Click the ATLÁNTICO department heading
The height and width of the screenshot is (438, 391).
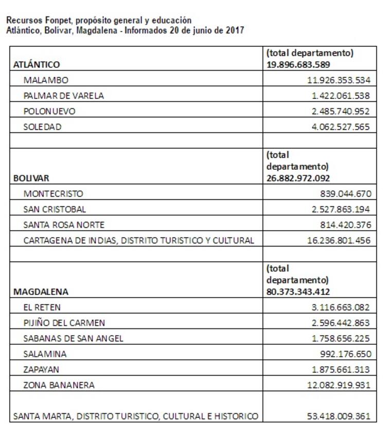coord(37,64)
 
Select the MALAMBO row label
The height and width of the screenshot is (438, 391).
coord(46,80)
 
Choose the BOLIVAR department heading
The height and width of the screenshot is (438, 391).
coord(31,178)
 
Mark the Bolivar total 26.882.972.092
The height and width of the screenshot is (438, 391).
coord(298,178)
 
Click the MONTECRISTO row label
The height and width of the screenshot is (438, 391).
coord(53,194)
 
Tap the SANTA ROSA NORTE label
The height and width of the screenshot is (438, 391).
coord(64,225)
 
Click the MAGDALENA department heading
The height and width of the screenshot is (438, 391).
coord(41,292)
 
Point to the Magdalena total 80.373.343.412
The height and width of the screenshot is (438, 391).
coord(298,292)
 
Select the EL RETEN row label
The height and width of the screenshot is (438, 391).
coord(42,307)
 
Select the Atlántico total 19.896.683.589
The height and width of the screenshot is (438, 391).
coord(298,64)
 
